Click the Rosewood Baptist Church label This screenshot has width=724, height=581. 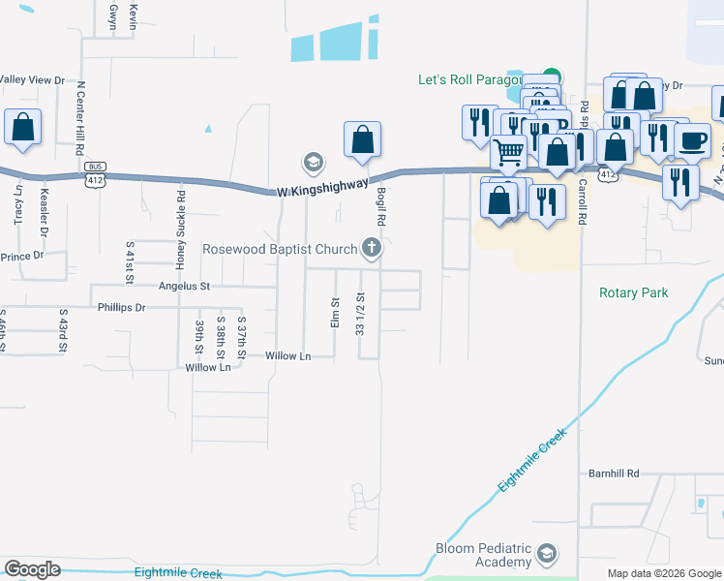279,249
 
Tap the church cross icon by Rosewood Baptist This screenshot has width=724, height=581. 371,249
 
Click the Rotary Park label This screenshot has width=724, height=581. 634,292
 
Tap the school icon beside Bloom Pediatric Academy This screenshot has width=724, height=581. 547,554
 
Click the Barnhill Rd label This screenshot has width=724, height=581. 615,474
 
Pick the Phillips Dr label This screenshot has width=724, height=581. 121,307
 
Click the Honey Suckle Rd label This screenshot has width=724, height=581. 181,229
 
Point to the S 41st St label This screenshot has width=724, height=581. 130,263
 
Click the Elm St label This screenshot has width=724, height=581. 335,313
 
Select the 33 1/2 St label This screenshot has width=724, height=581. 360,315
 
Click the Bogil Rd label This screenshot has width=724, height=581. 382,206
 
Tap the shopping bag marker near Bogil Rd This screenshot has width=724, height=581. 362,139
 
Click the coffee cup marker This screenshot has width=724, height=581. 692,140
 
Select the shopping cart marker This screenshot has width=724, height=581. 508,151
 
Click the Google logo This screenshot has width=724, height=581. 32,569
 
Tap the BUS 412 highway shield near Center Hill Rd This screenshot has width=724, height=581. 94,174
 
